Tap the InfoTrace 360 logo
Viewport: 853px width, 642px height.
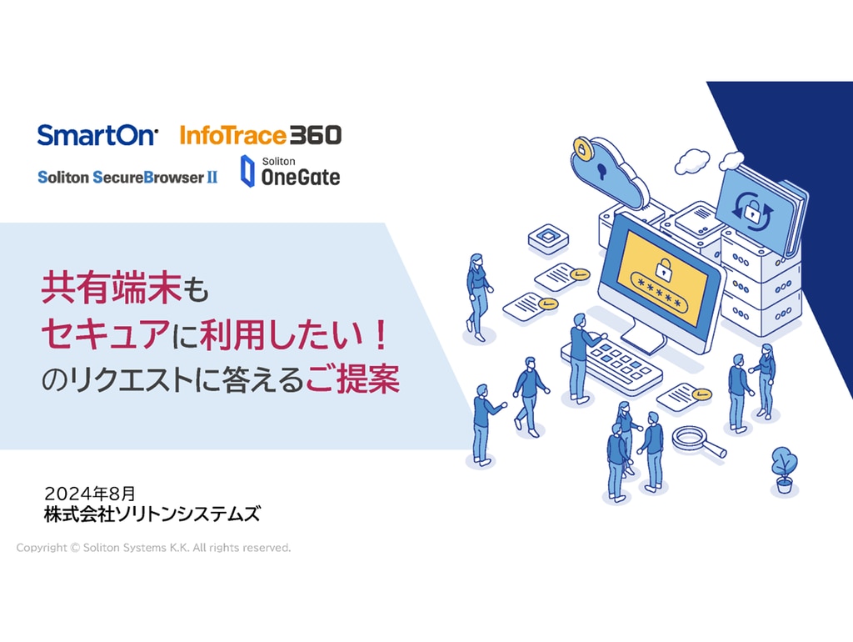(x=261, y=135)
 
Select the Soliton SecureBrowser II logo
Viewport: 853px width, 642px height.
(x=127, y=177)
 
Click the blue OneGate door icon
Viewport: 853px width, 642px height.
(x=247, y=171)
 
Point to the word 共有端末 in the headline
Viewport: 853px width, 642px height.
(x=111, y=288)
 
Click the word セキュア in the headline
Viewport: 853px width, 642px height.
(x=106, y=334)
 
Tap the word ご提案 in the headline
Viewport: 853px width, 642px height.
(x=352, y=379)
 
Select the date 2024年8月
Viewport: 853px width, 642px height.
(x=90, y=494)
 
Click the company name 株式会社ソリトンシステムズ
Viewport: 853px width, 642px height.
(x=152, y=514)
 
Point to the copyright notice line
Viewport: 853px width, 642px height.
(x=153, y=548)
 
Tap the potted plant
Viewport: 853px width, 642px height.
(x=784, y=470)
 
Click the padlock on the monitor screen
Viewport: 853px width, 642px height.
(x=663, y=268)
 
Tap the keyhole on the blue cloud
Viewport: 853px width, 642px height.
(x=601, y=170)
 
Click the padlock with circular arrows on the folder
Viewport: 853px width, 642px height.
(x=752, y=211)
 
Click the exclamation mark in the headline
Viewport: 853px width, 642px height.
(x=381, y=334)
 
